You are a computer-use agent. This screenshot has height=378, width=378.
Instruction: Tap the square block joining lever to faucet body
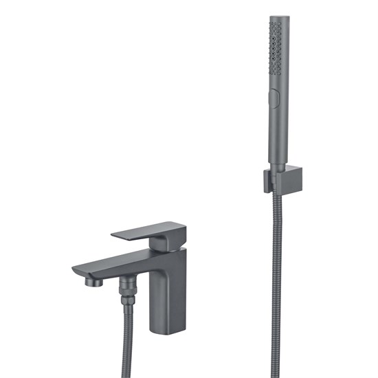point(168,242)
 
